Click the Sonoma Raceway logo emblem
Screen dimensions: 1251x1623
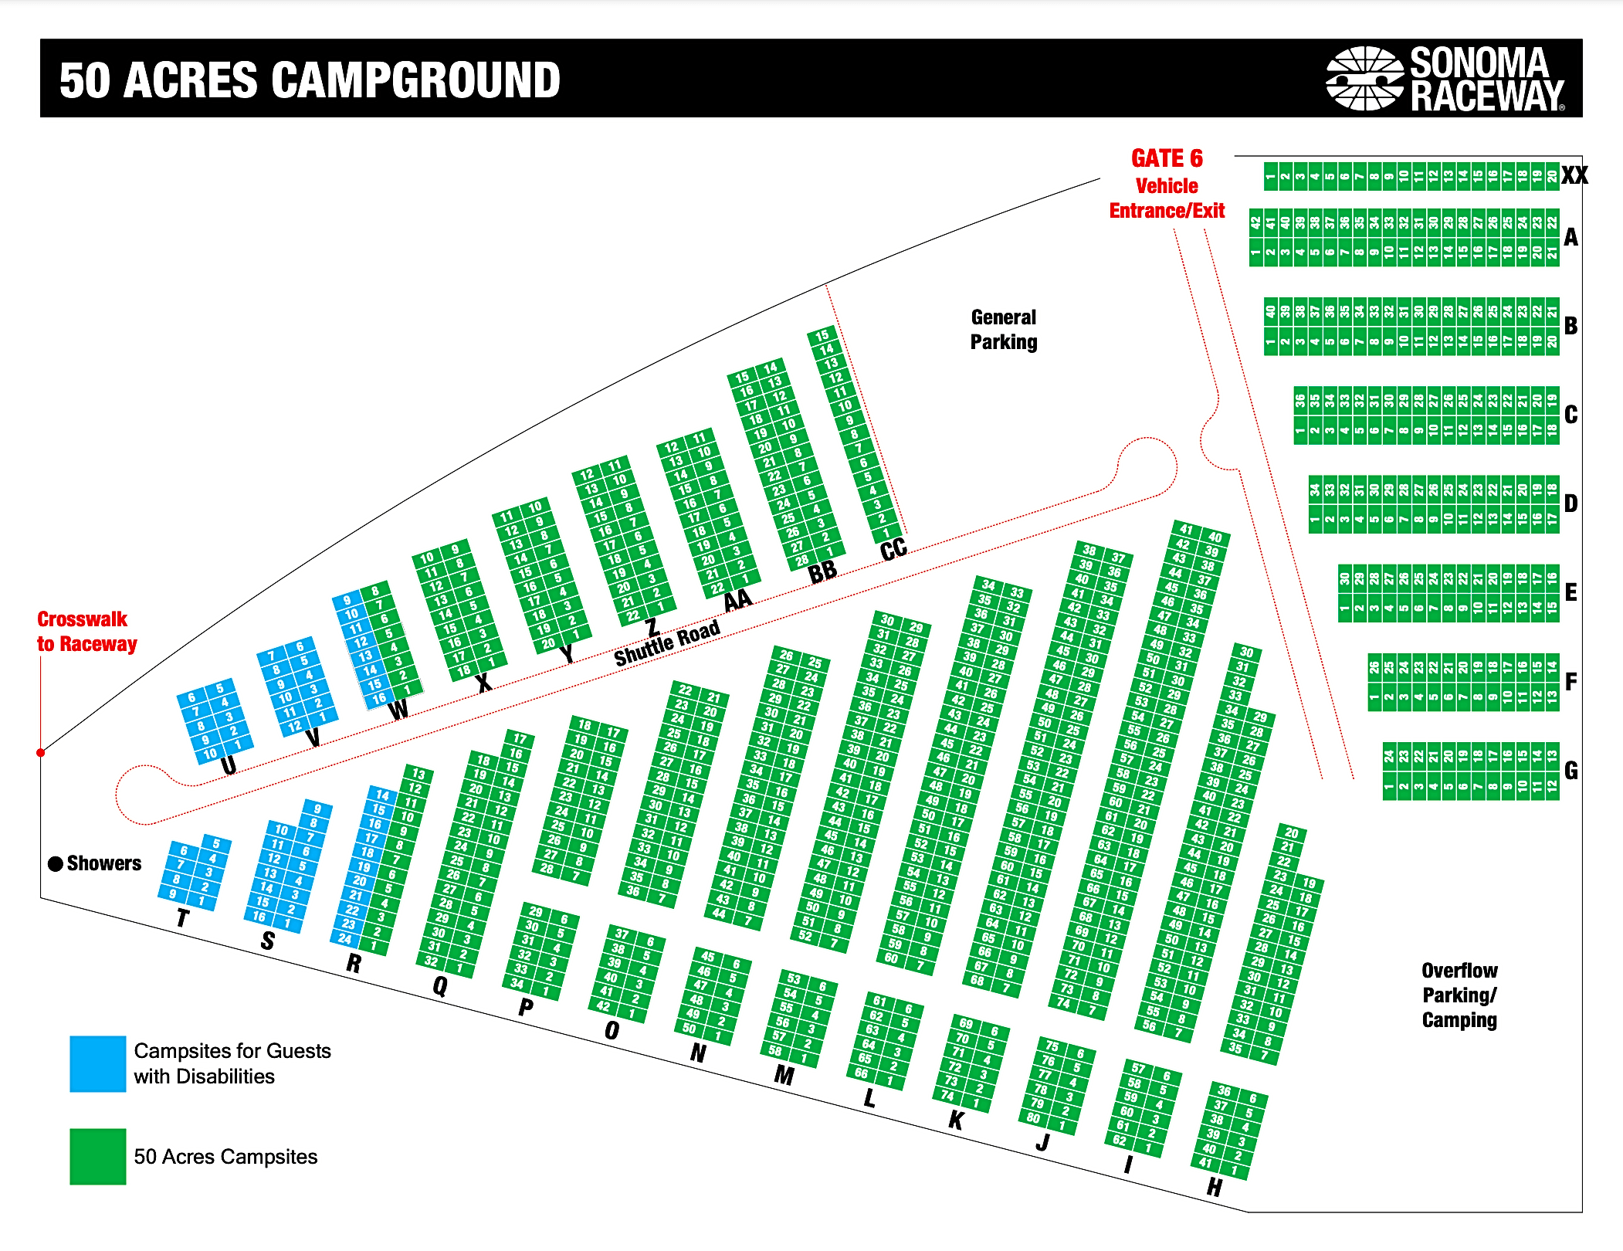click(x=1364, y=78)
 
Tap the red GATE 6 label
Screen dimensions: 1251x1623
click(x=1167, y=158)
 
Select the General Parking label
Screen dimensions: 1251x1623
click(x=1004, y=330)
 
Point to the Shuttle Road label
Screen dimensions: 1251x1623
click(x=667, y=642)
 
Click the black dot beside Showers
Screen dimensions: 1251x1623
click(x=56, y=863)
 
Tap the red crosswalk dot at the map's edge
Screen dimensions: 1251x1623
click(x=41, y=752)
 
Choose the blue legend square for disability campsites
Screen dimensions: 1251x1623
click(x=97, y=1063)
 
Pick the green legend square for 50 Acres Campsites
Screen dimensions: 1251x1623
click(x=97, y=1156)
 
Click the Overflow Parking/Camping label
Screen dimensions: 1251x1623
click(x=1459, y=995)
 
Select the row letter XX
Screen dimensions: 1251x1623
click(x=1574, y=175)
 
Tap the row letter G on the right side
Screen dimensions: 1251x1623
click(x=1570, y=770)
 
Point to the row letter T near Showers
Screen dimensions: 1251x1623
click(x=182, y=918)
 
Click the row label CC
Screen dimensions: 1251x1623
click(x=893, y=550)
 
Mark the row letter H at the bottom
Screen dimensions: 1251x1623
click(x=1215, y=1187)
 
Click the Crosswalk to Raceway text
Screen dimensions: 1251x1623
click(x=86, y=632)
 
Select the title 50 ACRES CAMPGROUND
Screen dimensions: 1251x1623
click(x=310, y=80)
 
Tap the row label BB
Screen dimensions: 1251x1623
click(x=822, y=572)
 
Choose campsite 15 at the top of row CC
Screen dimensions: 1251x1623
click(x=822, y=335)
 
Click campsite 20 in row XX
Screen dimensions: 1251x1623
click(x=1551, y=176)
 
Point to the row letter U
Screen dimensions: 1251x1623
click(x=228, y=765)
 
